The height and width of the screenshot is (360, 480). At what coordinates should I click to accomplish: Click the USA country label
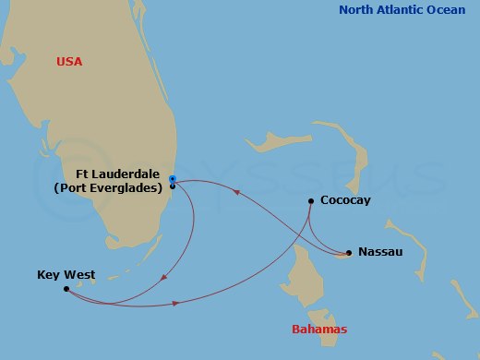point(69,62)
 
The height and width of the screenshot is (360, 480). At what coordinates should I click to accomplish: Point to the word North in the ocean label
point(357,10)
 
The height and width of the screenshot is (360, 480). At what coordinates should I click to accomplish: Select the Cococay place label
point(345,200)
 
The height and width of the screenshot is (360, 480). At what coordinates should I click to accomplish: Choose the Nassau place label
point(380,251)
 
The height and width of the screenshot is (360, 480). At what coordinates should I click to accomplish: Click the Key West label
point(66,274)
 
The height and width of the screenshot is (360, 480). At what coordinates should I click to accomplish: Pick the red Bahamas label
point(318,330)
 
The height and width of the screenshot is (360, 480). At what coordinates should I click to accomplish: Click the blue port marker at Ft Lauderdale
point(173,178)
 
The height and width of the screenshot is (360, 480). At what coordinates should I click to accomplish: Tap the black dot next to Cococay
point(311,200)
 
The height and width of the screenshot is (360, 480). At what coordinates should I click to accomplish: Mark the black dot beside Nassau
point(349,251)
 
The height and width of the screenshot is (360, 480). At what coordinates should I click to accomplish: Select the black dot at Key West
point(66,289)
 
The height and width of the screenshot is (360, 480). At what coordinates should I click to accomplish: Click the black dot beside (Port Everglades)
point(173,186)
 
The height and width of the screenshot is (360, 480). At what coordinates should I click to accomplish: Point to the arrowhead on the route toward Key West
point(164,279)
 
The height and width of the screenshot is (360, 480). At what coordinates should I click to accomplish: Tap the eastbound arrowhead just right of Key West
point(175,304)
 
